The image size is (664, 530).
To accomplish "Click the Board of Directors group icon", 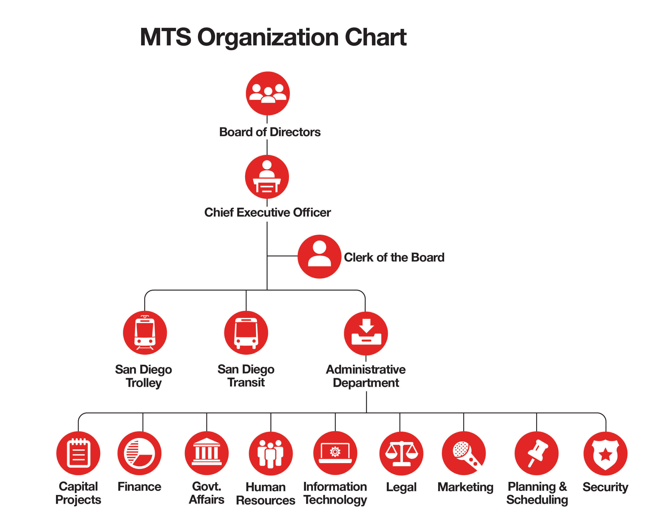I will click(268, 93).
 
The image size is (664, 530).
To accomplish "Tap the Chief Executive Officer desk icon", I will click(267, 177).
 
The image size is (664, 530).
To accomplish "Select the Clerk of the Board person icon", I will click(319, 256).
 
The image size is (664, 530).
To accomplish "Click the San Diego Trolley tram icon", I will click(145, 333).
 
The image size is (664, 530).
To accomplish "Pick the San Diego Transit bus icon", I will click(246, 333).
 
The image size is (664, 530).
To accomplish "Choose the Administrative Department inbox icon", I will click(366, 333).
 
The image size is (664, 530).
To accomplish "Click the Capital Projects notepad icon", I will click(78, 453).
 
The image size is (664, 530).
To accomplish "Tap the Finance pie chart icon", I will click(139, 453).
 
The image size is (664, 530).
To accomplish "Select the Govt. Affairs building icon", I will click(207, 453).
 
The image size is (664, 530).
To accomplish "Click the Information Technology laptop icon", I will click(335, 453).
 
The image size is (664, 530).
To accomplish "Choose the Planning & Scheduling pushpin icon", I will click(536, 453).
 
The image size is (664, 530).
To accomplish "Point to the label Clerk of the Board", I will click(394, 257).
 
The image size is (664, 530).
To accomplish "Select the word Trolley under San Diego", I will click(143, 383).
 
